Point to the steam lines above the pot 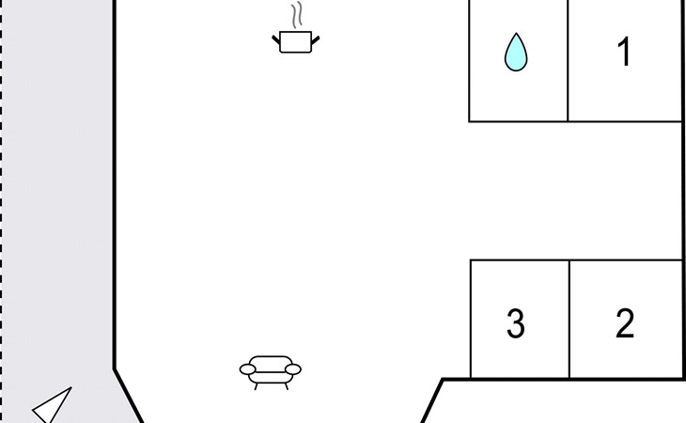[297, 15]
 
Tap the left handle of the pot [276, 40]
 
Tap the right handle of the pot [315, 40]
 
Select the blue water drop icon [516, 52]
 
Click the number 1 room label [624, 52]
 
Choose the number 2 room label [625, 323]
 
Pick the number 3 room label [516, 323]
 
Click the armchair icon [271, 372]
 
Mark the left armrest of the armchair [248, 369]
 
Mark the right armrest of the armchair [293, 369]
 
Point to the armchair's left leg [256, 386]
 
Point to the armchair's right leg [287, 386]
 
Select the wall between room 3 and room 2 [569, 319]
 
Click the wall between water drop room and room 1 [568, 60]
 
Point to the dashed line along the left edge [1, 211]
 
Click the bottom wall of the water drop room [518, 121]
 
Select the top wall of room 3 [520, 260]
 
